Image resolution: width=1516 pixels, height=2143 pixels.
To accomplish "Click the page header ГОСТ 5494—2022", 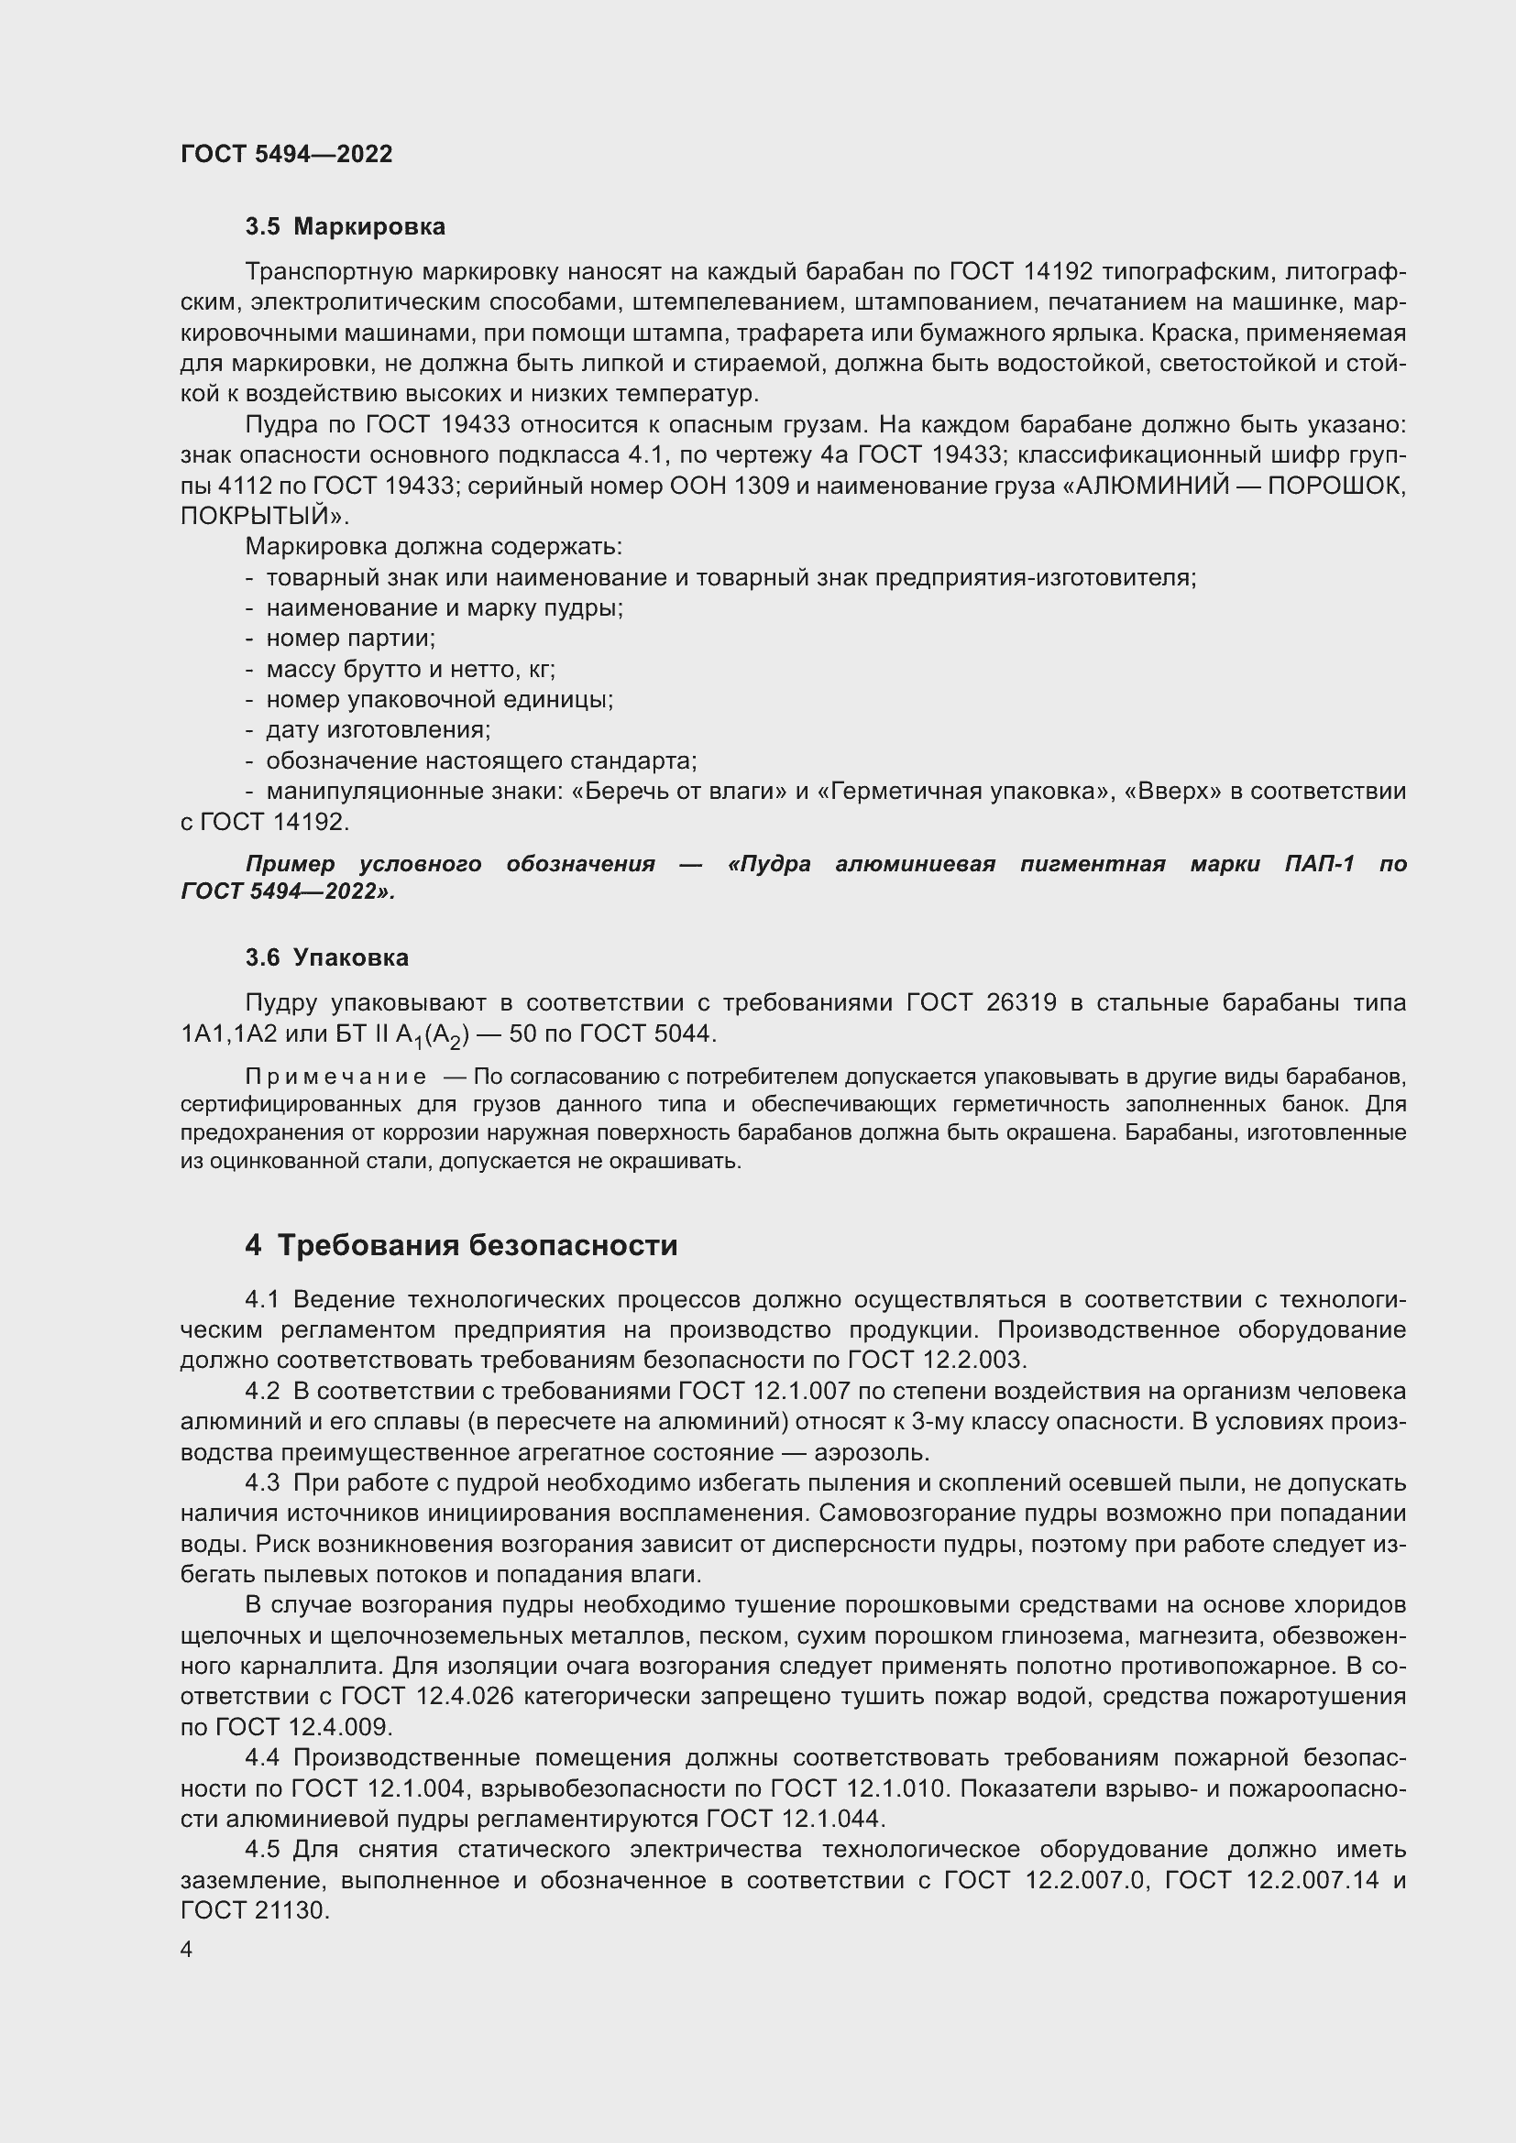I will [x=287, y=154].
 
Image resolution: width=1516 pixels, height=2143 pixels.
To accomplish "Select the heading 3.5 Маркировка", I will [x=345, y=227].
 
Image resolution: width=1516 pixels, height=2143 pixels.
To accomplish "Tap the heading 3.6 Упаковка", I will [x=325, y=957].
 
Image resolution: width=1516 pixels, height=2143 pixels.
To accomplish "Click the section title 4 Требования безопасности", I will [x=461, y=1245].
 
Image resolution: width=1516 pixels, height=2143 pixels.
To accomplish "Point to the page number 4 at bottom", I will [x=187, y=1950].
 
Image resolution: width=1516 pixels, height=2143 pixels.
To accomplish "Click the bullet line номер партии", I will [x=350, y=639].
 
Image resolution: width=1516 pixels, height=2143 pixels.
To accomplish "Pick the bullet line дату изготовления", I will [x=377, y=730].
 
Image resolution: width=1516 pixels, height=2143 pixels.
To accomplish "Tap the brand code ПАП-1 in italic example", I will [x=1319, y=863].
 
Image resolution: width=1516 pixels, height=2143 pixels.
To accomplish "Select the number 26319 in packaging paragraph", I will [x=1021, y=1002].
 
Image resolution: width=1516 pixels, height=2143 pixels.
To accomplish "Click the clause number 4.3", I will [x=262, y=1483].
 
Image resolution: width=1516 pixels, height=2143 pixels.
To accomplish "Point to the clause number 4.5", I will [x=262, y=1849].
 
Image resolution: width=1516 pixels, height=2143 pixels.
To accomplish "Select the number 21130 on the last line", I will [x=291, y=1909].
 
